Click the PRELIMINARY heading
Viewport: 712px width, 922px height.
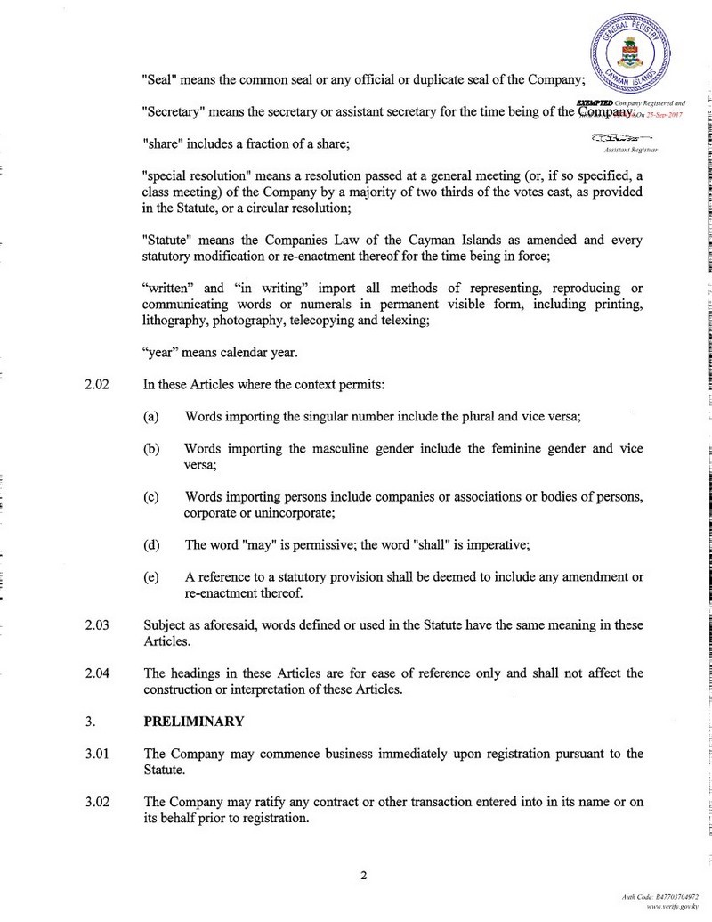(x=193, y=722)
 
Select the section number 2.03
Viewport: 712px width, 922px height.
(x=97, y=624)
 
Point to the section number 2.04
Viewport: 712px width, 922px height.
(x=97, y=673)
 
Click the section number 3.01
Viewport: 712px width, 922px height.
(x=97, y=754)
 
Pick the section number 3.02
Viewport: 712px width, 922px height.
(x=97, y=802)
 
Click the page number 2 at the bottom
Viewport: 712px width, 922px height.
(x=364, y=874)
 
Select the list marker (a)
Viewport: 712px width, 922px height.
(x=151, y=416)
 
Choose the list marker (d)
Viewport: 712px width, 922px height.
(x=151, y=545)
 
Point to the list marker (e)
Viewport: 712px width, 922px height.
(x=151, y=577)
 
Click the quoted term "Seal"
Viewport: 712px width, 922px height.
(x=161, y=79)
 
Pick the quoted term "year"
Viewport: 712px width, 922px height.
(x=162, y=352)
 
